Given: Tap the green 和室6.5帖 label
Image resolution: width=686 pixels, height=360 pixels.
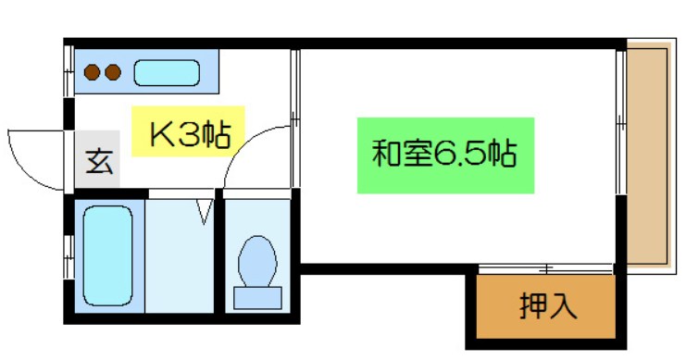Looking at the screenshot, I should click(x=445, y=154).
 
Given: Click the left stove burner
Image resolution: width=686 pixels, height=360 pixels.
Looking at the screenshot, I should click(x=93, y=71).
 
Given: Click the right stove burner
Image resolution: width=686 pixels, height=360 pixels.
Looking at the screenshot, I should click(x=112, y=71).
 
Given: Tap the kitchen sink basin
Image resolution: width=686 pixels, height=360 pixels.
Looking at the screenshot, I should click(x=167, y=71).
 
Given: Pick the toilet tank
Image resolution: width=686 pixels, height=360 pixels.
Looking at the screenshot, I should click(x=257, y=297).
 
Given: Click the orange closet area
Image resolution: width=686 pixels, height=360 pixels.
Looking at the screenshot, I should click(x=546, y=304).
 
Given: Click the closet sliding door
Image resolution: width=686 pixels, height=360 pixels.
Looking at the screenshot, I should click(x=546, y=269).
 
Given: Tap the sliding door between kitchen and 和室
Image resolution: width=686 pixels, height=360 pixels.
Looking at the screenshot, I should click(x=294, y=118).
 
